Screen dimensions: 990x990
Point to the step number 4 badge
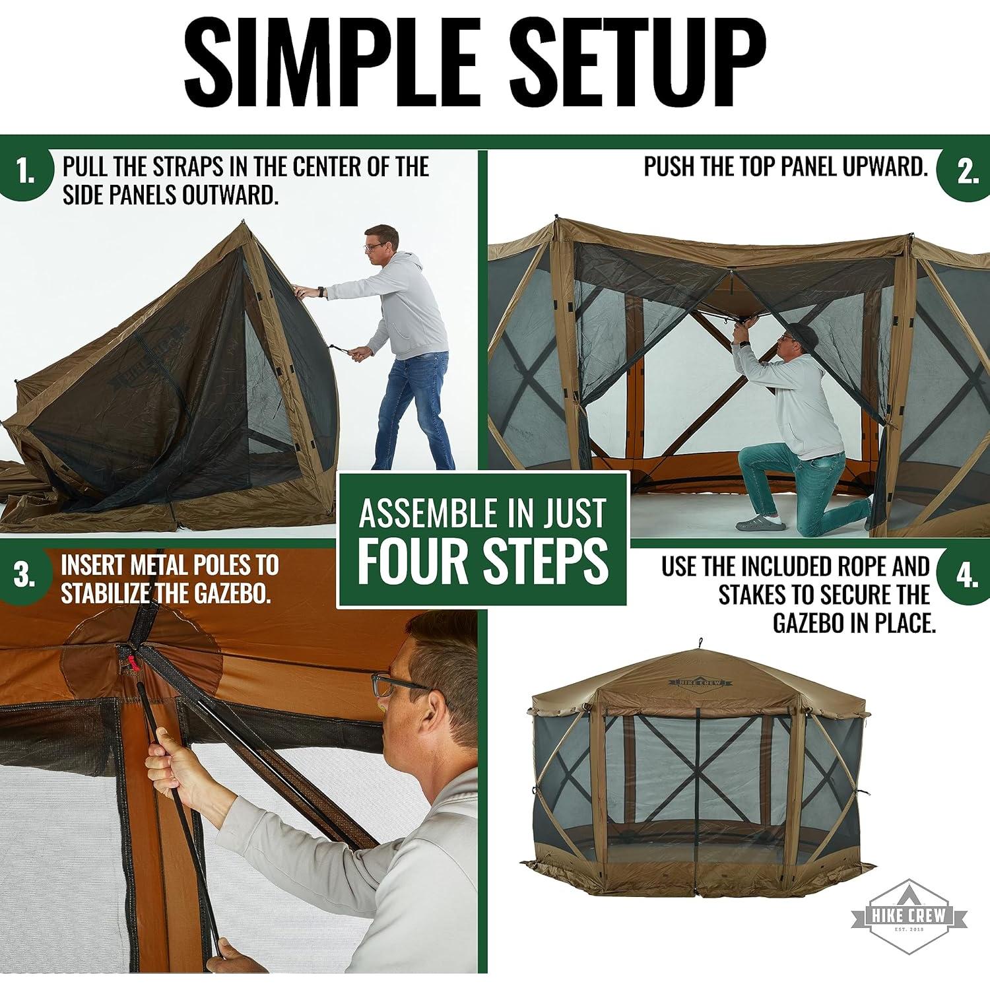tap(966, 576)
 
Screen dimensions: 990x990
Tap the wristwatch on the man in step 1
tap(320, 291)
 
